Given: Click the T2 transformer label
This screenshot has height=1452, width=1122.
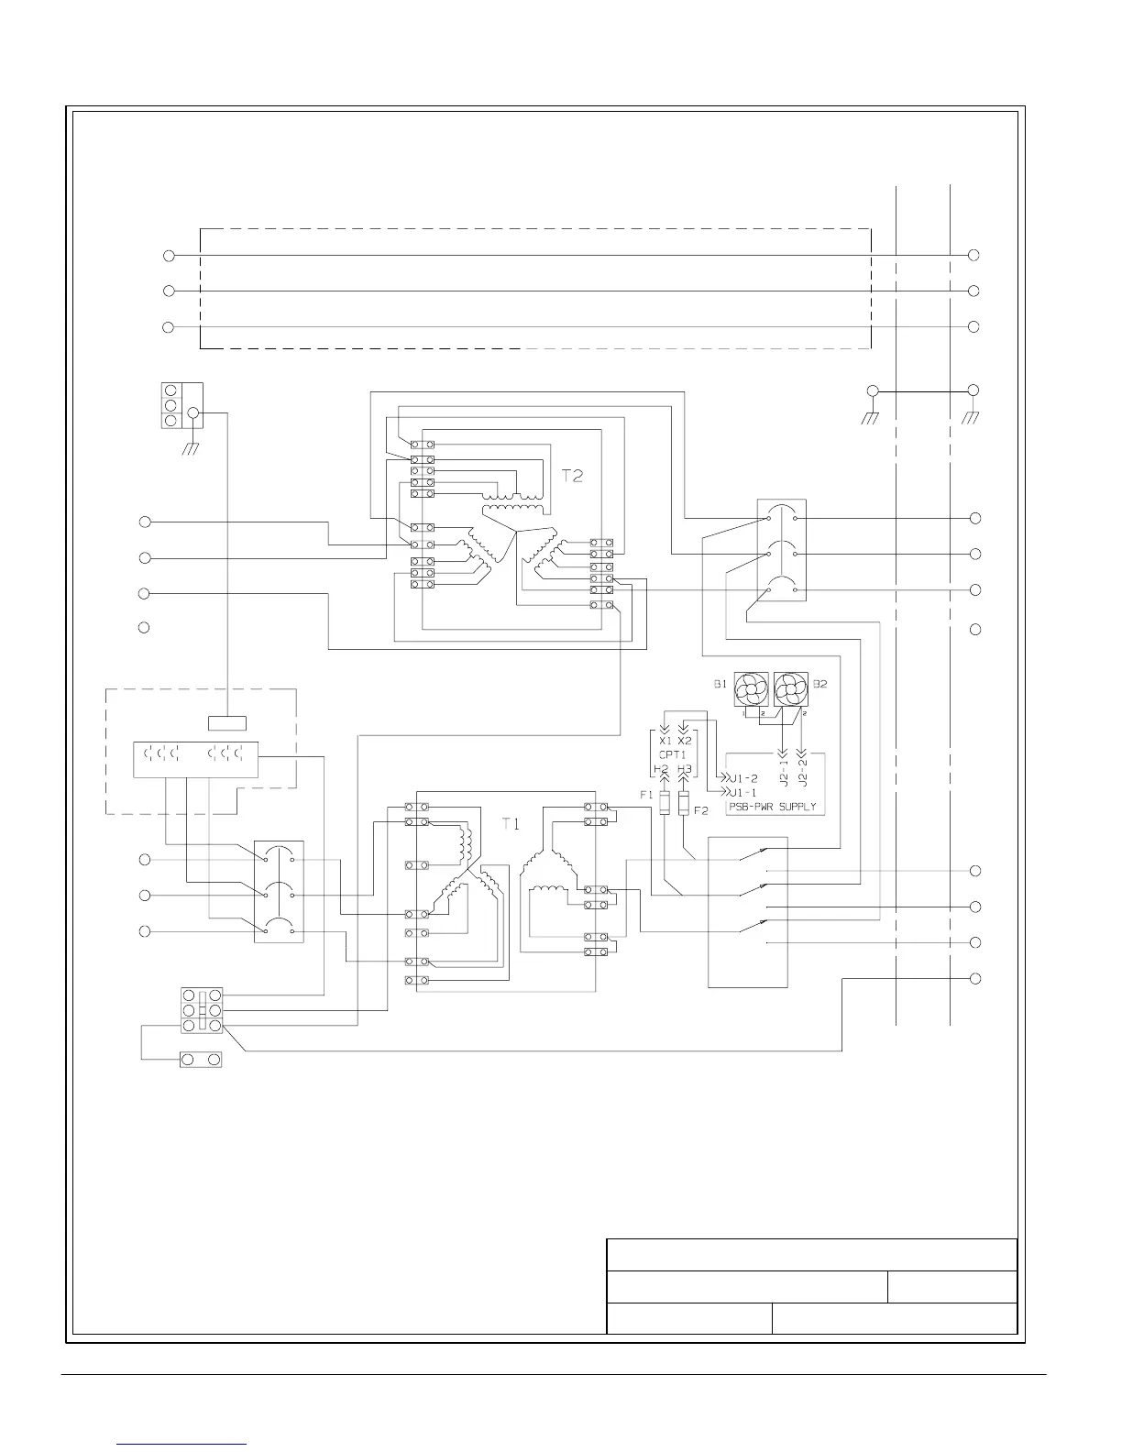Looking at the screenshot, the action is [573, 477].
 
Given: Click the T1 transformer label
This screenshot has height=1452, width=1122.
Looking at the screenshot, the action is [511, 824].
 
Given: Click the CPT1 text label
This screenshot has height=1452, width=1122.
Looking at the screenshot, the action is [673, 754].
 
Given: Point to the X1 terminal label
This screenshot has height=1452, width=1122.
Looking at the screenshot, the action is [665, 741].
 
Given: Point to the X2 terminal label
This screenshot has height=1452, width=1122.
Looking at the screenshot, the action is [684, 741].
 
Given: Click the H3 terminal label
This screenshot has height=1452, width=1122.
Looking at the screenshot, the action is [684, 770].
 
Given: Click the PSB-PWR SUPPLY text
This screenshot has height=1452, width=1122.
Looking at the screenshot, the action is [772, 808].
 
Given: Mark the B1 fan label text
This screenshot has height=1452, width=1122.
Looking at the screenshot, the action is [720, 684].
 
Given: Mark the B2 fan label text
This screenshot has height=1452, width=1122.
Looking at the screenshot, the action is [820, 684].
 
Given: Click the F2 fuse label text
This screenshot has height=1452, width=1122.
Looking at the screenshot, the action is [701, 811].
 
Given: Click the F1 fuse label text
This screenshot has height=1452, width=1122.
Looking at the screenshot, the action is [646, 796].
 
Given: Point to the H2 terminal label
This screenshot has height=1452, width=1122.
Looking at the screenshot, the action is [662, 770].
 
